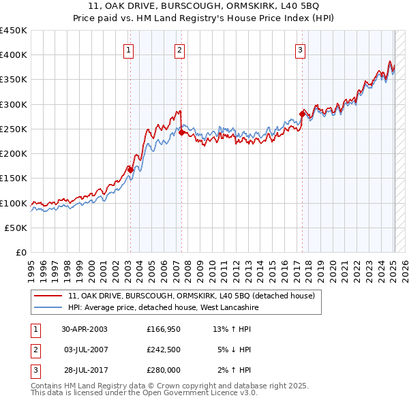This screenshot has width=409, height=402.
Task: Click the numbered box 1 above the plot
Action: click(x=130, y=49)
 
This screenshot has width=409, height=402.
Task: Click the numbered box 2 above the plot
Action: click(x=179, y=49)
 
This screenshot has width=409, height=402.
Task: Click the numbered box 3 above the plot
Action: click(x=301, y=49)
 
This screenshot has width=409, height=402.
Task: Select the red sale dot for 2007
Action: click(x=181, y=133)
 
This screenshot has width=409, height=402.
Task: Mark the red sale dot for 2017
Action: click(x=303, y=114)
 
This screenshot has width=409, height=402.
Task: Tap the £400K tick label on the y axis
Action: click(x=14, y=55)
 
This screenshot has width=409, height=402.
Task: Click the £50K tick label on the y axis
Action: click(x=16, y=228)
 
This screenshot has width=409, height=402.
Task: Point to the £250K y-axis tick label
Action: click(x=14, y=129)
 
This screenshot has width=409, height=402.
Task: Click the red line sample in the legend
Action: click(x=48, y=296)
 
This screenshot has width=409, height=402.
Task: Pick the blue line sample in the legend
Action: click(x=48, y=308)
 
